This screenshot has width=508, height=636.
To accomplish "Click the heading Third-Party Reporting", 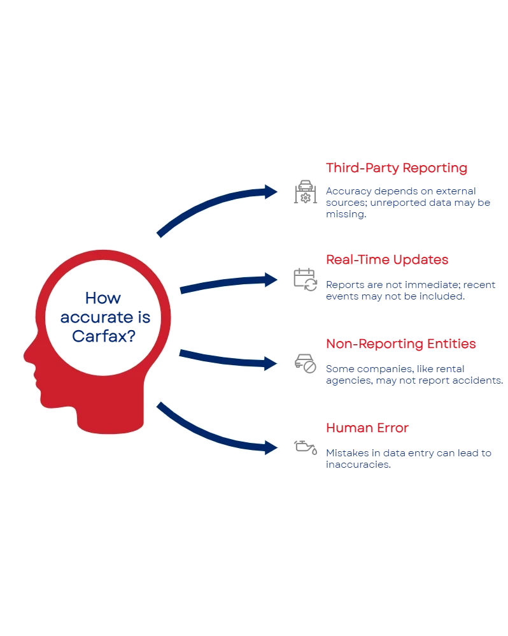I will [396, 169].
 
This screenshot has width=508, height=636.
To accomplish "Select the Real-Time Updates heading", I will [387, 260].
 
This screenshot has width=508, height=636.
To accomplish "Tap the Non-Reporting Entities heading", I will [400, 344].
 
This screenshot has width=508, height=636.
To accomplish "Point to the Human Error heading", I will [367, 428].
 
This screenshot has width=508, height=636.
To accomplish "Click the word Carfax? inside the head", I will [102, 337].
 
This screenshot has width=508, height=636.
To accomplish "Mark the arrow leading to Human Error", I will [216, 433].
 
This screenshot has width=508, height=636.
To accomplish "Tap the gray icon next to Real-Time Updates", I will [304, 279].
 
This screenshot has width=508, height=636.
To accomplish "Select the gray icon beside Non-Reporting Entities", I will [303, 363].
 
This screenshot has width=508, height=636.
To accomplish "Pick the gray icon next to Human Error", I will [304, 446].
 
